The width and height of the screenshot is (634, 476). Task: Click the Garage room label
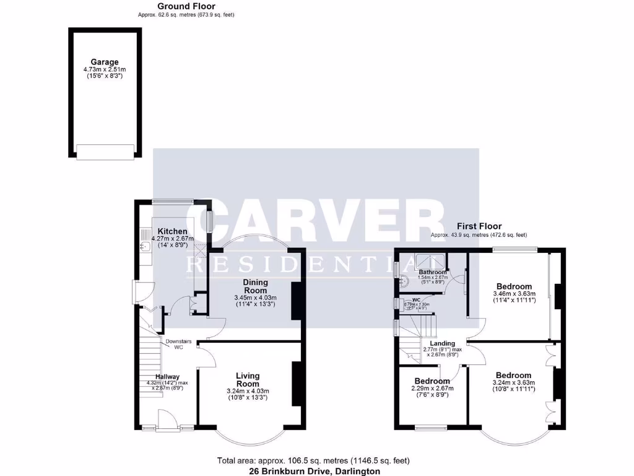click(104, 62)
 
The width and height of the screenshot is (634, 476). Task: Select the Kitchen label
click(173, 231)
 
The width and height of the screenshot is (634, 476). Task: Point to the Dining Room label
click(254, 286)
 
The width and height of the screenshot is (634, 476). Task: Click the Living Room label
click(248, 379)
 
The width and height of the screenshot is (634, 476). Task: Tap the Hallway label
click(167, 376)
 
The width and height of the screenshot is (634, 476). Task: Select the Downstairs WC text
click(178, 344)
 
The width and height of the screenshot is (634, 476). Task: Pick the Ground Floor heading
click(186, 6)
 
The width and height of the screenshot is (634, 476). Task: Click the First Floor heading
click(479, 226)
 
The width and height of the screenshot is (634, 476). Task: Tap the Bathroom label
click(432, 272)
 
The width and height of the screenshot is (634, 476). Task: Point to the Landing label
click(443, 343)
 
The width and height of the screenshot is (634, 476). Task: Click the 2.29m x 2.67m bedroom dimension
click(432, 389)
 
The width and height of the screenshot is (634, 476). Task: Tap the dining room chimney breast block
click(296, 301)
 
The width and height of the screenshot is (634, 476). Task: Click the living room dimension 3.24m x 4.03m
click(248, 391)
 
